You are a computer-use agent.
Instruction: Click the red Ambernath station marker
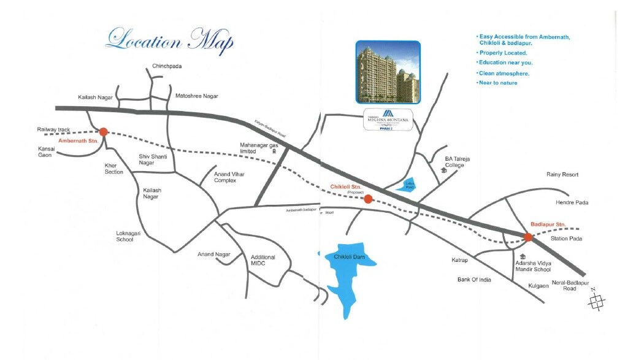pyautogui.click(x=103, y=131)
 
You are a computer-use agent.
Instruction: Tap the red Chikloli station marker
pyautogui.click(x=367, y=199)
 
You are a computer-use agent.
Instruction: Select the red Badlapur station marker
pyautogui.click(x=528, y=237)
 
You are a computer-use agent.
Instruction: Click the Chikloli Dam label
pyautogui.click(x=350, y=256)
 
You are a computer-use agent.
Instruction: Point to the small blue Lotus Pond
pyautogui.click(x=406, y=185)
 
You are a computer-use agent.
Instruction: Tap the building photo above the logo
pyautogui.click(x=388, y=71)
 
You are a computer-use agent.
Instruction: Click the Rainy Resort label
pyautogui.click(x=562, y=175)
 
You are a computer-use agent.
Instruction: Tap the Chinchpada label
pyautogui.click(x=167, y=66)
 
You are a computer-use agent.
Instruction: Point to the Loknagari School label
pyautogui.click(x=133, y=236)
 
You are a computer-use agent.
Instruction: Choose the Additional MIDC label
pyautogui.click(x=263, y=260)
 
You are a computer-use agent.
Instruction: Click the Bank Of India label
pyautogui.click(x=474, y=280)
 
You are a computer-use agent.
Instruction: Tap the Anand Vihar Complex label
pyautogui.click(x=229, y=177)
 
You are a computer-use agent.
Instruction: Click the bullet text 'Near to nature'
pyautogui.click(x=498, y=83)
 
